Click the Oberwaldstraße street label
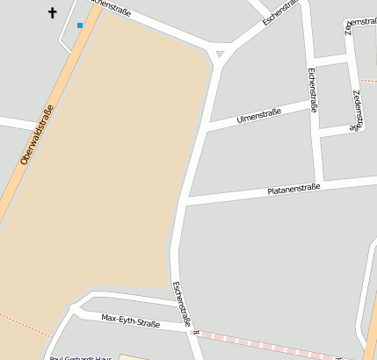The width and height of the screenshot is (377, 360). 37,135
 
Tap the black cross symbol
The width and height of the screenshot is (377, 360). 52,13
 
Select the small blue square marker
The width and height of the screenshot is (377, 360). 80,25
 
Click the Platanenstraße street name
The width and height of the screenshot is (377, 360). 294,189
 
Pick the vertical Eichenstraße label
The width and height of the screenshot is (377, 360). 312,96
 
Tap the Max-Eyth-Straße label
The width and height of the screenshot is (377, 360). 130,320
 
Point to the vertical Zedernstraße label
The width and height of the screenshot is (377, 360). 357,110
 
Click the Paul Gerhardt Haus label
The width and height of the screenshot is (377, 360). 81,357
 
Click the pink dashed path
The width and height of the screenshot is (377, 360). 264,342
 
